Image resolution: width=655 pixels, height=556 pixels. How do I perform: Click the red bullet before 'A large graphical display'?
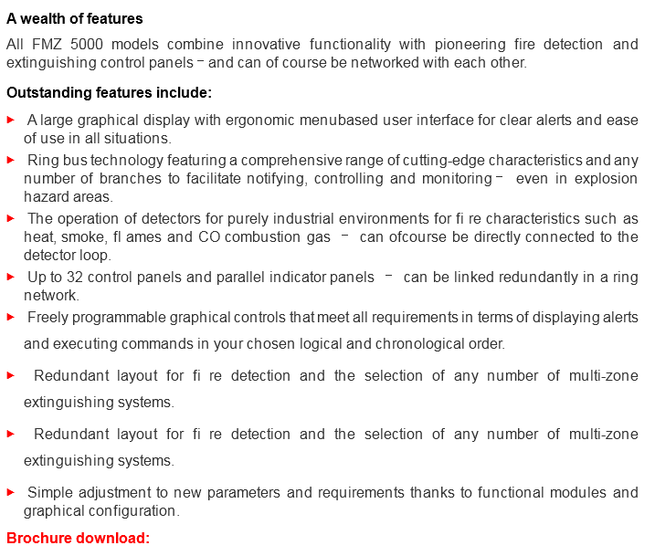[x=11, y=120]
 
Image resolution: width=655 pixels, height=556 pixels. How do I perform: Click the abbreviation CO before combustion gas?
[x=208, y=237]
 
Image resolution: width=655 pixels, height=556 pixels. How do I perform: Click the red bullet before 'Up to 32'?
[x=11, y=277]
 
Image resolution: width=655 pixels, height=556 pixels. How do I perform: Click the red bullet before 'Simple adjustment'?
[x=11, y=492]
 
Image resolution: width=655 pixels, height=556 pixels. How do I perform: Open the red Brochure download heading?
[x=78, y=538]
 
